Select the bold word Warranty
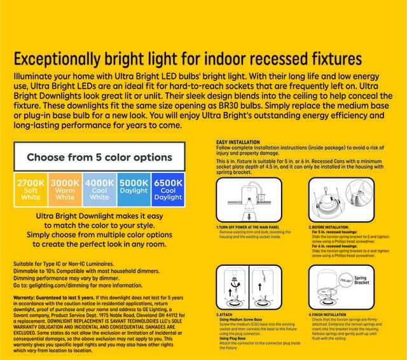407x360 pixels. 26,298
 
